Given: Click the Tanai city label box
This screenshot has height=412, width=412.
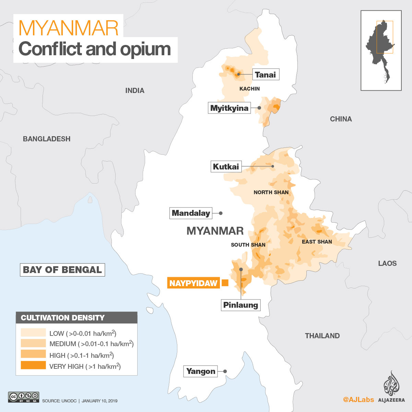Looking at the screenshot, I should [266, 74].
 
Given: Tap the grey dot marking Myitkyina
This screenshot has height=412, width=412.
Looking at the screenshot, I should [259, 108].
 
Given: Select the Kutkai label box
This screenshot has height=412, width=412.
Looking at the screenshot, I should [226, 167].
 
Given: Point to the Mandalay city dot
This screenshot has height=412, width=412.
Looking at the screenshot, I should [221, 213].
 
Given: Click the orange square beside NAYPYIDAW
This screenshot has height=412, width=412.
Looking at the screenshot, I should [225, 283].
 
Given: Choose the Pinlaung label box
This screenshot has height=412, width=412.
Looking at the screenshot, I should [240, 305].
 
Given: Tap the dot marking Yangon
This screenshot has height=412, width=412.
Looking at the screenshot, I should [225, 371].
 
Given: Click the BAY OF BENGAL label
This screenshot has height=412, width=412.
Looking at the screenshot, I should [62, 270].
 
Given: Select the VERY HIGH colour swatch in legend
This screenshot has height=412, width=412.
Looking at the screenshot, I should [33, 365].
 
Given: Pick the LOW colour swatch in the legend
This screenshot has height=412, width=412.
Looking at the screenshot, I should [33, 332].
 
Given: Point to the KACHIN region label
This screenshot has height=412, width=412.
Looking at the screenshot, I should [249, 89].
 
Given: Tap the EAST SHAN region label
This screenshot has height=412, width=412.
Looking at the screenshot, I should [317, 242].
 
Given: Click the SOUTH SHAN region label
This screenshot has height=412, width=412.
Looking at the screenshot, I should [248, 245].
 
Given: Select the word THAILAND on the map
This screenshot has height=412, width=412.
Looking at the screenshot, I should [322, 336].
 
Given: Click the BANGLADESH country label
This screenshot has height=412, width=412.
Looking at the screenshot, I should [47, 139].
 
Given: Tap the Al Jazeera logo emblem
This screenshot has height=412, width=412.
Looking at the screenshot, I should [391, 383].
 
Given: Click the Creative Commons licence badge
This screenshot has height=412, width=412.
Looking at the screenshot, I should [24, 397].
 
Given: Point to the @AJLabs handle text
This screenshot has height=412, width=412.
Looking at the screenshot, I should [358, 400].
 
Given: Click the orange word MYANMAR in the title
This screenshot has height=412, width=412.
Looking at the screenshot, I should [69, 28].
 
